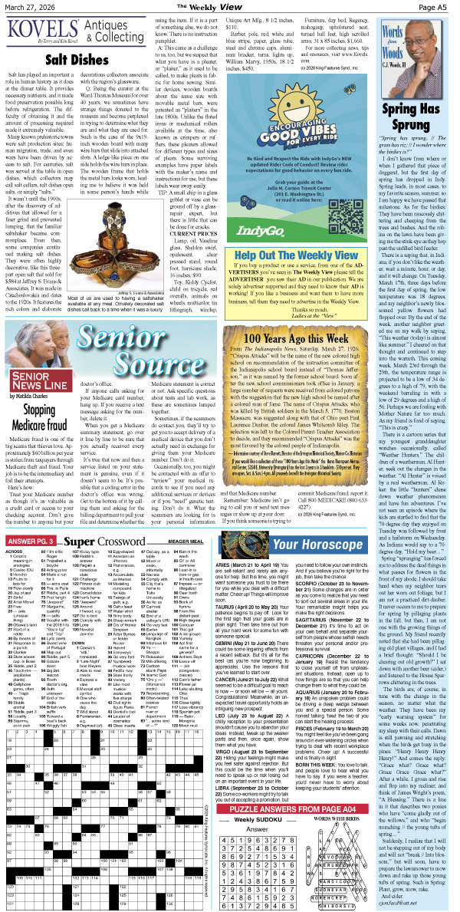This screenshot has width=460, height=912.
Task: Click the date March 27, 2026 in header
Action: coord(34,6)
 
